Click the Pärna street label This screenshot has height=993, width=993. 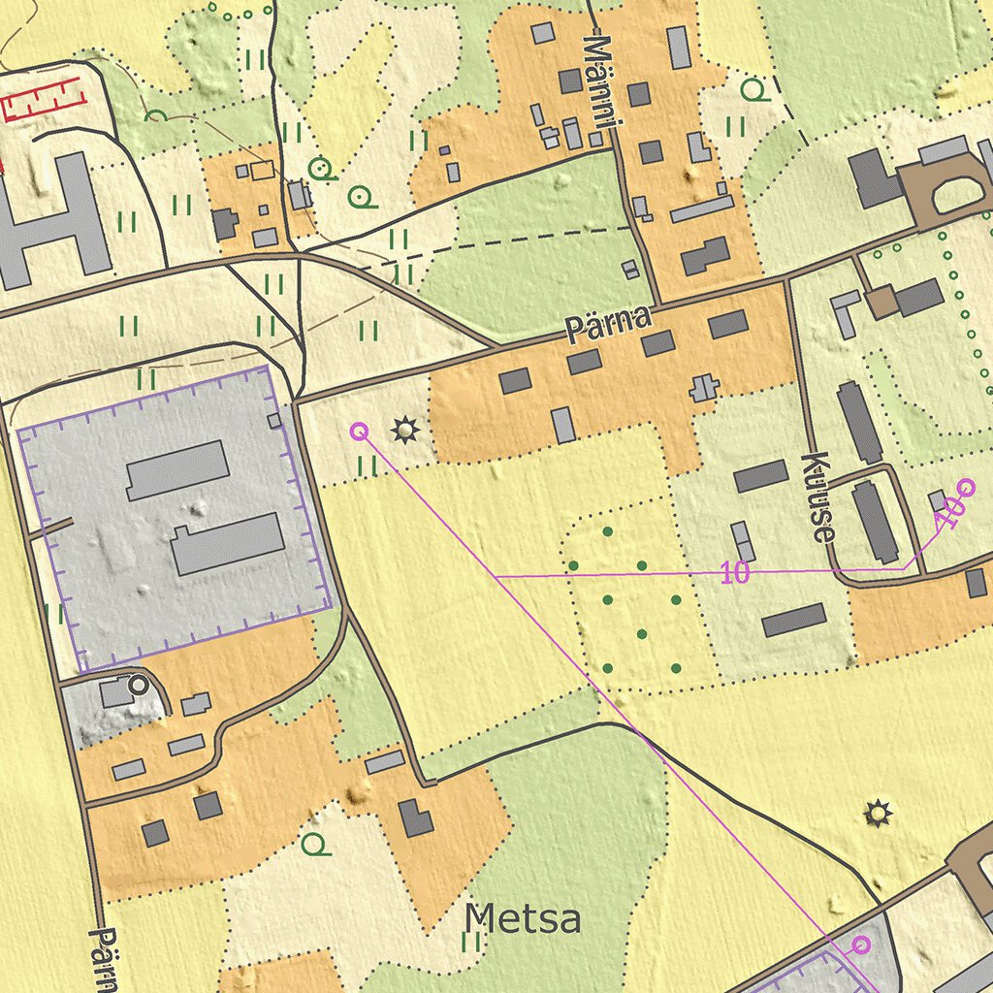pos(608,323)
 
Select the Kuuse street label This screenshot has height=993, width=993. pos(819,496)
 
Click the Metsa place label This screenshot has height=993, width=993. pos(523,918)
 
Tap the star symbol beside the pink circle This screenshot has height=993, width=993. pos(402,429)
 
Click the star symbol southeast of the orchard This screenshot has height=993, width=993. pos(878,813)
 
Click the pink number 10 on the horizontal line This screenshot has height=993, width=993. pos(736,574)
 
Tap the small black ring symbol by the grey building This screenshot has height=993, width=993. pos(139,685)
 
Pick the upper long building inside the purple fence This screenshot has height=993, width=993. pos(177,469)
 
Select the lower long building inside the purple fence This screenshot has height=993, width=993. pos(228,544)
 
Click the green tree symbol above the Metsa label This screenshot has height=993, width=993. pos(314,844)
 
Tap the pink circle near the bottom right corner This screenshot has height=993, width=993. pos(861,944)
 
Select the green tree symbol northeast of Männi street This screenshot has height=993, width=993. pos(753,91)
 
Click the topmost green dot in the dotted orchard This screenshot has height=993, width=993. pos(608,531)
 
